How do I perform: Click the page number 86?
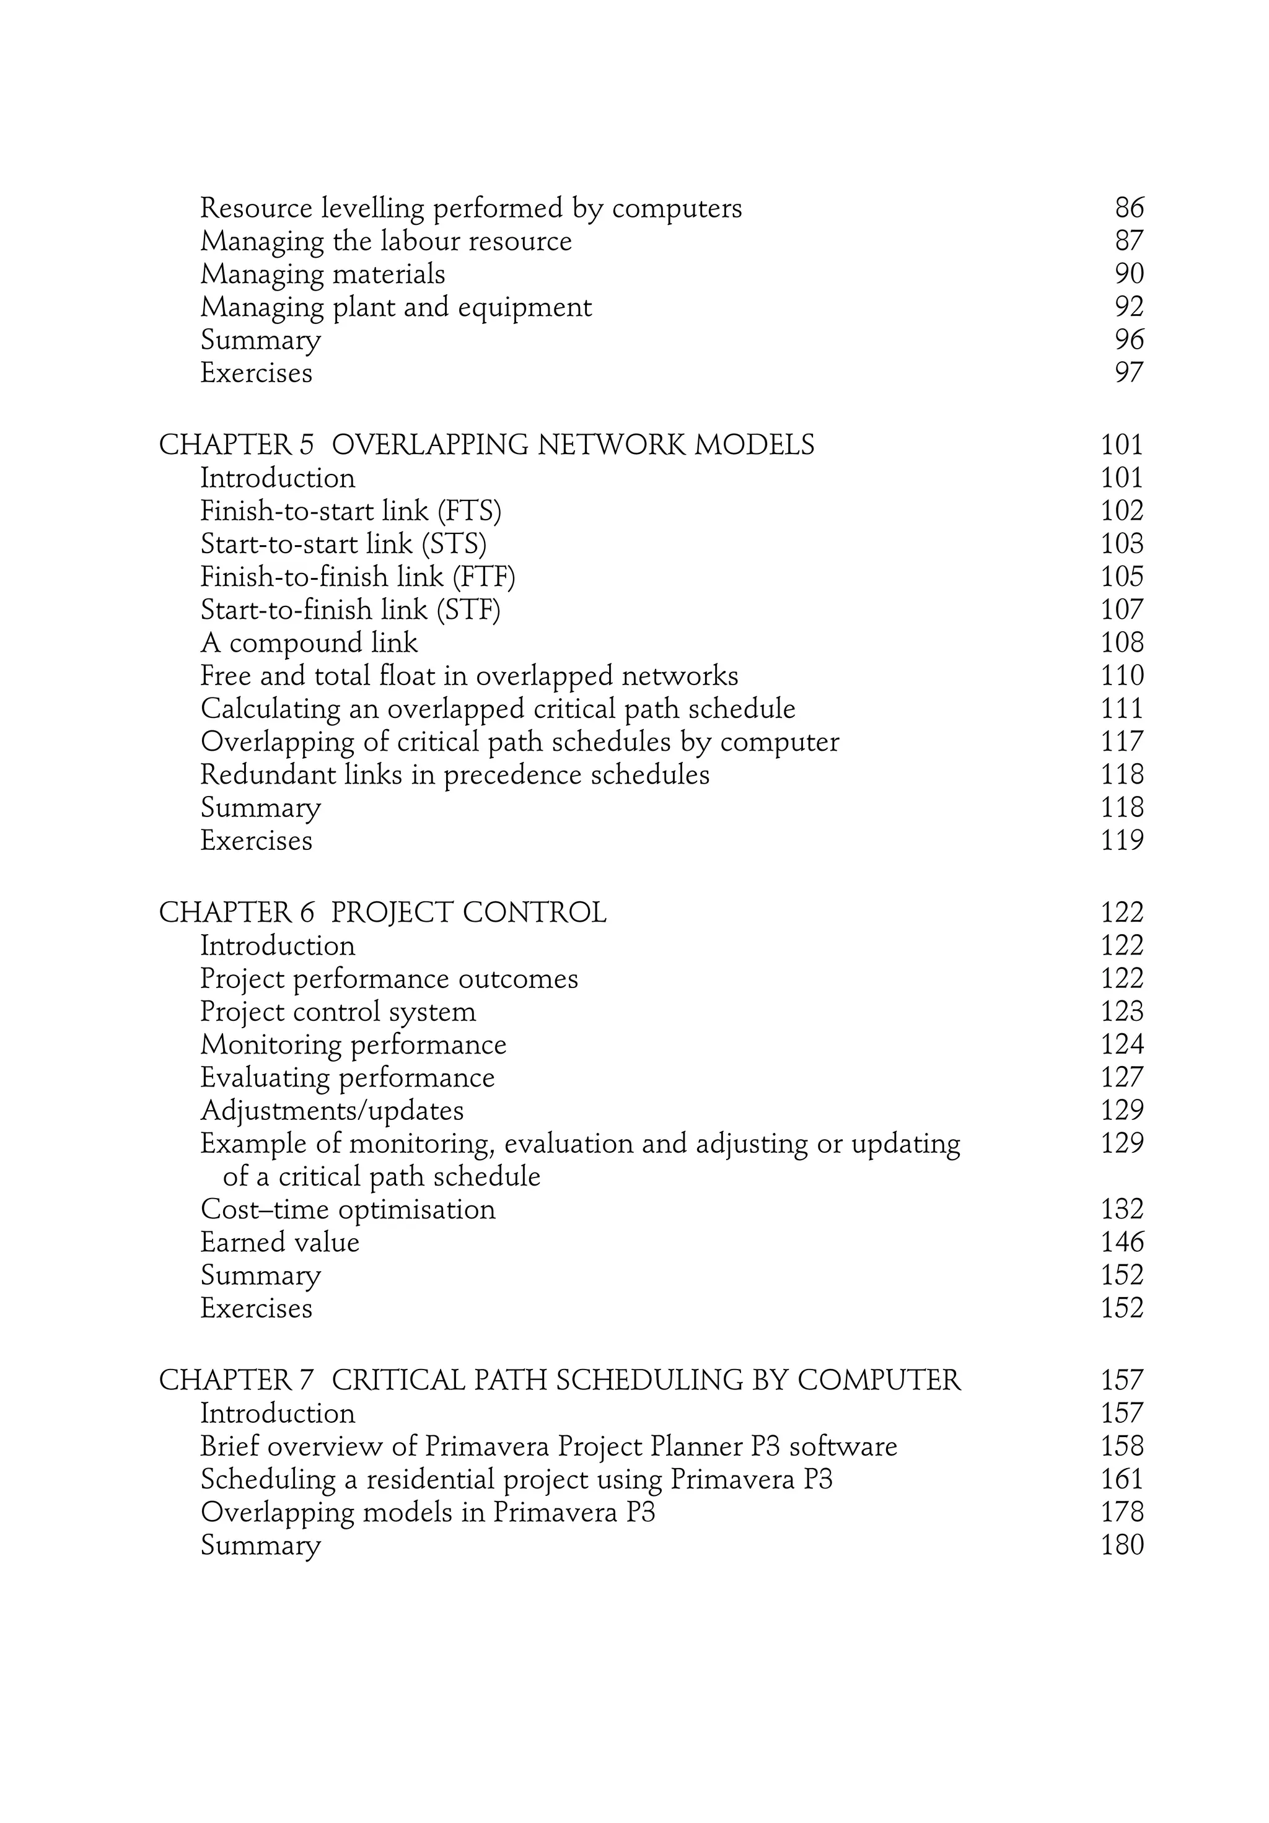point(1128,208)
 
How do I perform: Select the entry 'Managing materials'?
point(322,274)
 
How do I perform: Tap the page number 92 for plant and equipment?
point(1128,307)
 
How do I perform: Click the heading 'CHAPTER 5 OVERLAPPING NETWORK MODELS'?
point(486,445)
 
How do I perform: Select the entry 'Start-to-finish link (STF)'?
point(350,610)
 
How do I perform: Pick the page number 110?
point(1122,676)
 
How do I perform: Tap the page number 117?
point(1122,741)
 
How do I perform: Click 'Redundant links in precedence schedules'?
point(454,775)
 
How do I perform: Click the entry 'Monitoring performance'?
point(353,1045)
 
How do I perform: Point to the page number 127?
point(1122,1077)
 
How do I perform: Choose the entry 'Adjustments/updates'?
point(331,1111)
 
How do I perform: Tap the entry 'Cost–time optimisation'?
point(347,1209)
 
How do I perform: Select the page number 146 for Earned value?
point(1122,1242)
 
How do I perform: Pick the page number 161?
point(1122,1479)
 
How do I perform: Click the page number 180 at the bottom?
point(1122,1545)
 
